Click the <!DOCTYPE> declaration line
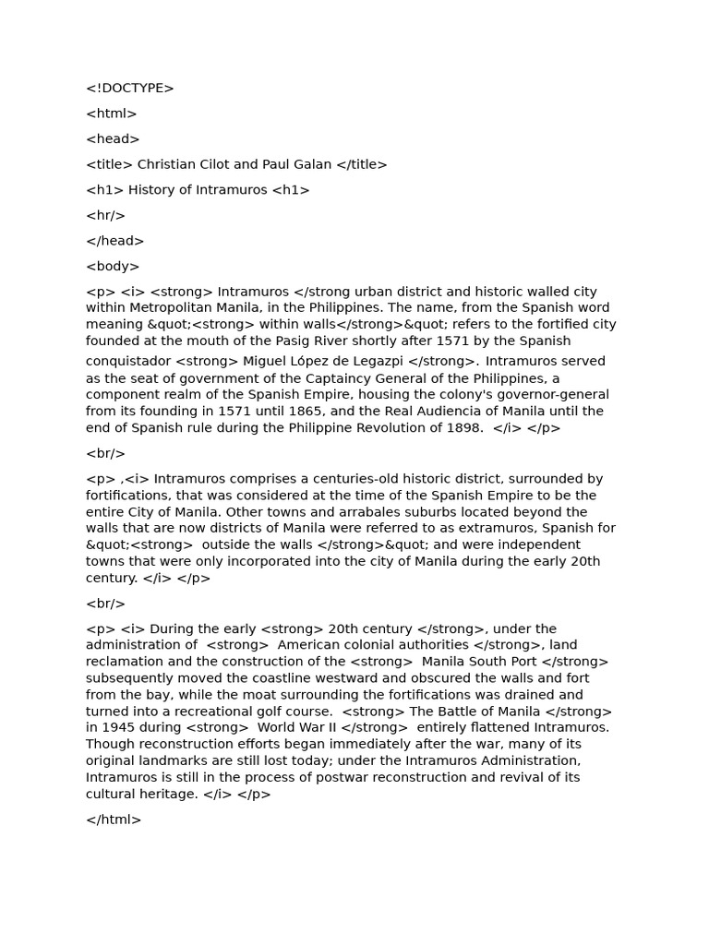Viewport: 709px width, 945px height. [x=130, y=89]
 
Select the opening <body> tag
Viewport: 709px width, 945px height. [x=113, y=267]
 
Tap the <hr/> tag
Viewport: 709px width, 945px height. [x=105, y=216]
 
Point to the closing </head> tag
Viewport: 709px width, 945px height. [x=115, y=241]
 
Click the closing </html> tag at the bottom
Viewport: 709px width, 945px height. [x=114, y=819]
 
